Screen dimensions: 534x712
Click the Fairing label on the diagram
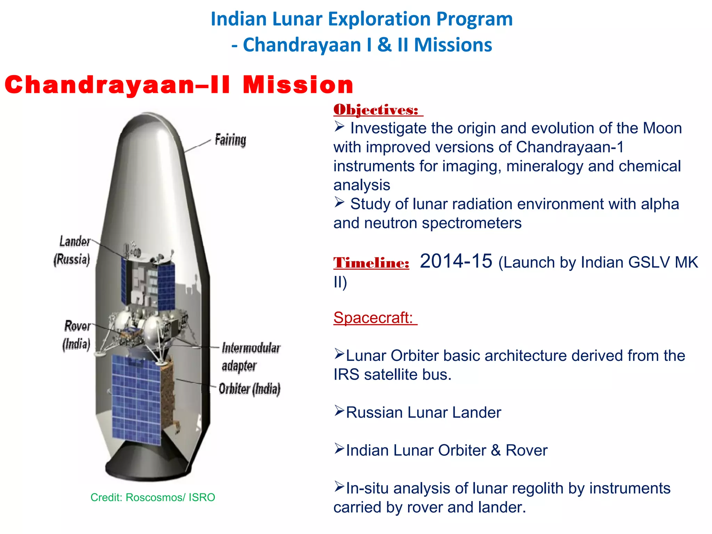point(230,140)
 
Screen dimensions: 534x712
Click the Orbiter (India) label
point(249,389)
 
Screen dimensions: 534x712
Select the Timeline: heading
point(371,263)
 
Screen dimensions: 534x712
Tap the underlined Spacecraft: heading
point(373,317)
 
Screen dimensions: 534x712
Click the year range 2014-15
point(456,261)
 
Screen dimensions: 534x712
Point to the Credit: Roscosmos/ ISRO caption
point(153,497)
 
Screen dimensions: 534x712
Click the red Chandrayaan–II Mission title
point(179,84)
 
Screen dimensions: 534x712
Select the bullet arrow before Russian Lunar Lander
point(339,411)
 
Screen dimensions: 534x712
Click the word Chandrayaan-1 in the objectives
point(570,147)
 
